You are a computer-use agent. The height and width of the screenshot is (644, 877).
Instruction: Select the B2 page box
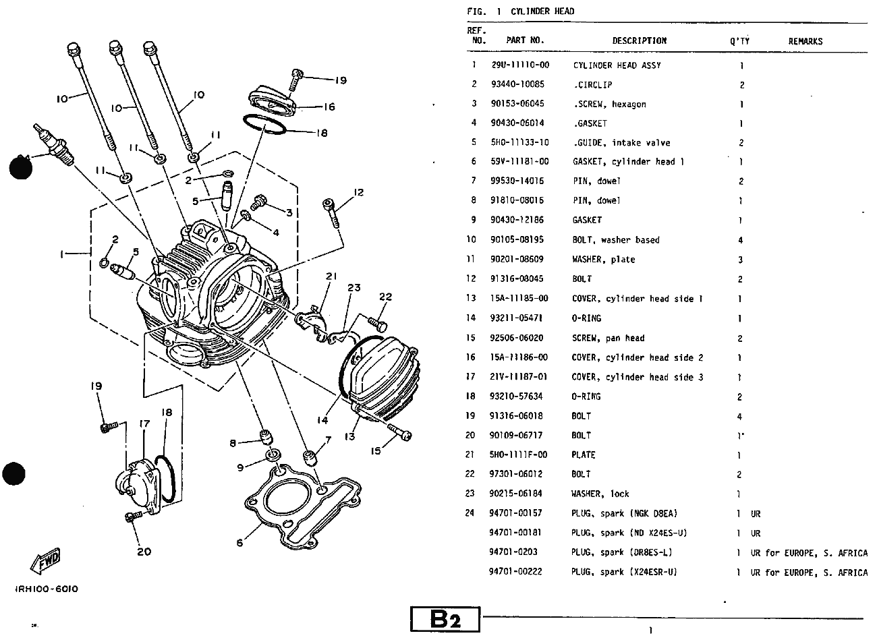pos(445,620)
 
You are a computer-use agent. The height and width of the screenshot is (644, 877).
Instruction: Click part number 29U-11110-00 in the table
pos(519,65)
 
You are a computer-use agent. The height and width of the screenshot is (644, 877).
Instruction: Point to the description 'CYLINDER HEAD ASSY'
pos(617,65)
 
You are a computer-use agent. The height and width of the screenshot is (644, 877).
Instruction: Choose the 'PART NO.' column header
pos(525,40)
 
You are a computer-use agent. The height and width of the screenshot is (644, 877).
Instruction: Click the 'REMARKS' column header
pos(805,41)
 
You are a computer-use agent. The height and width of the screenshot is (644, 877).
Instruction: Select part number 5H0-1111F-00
pos(519,455)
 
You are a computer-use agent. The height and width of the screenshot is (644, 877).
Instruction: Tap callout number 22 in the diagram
pos(386,297)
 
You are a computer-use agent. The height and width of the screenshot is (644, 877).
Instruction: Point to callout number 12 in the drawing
pos(358,192)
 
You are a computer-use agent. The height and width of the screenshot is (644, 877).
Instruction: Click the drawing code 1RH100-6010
pos(47,589)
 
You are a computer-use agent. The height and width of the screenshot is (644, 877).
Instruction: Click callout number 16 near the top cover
pos(329,107)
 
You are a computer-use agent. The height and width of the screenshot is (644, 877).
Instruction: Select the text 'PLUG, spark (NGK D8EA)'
pos(624,513)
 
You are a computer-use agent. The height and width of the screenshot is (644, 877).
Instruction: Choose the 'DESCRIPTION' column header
pos(639,40)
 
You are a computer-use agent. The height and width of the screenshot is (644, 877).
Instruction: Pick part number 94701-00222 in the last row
pos(516,572)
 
